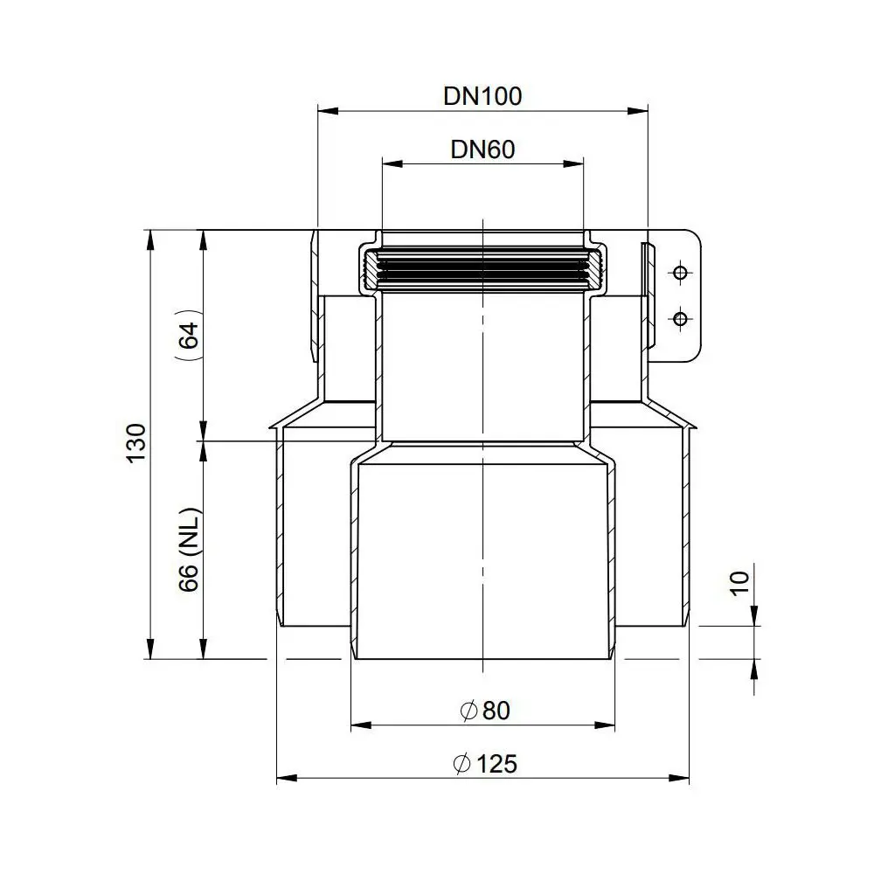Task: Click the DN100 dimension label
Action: [482, 95]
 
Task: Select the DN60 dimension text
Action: [482, 149]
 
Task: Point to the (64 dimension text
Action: [188, 335]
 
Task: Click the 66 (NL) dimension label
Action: [190, 551]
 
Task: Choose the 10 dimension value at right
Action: [739, 583]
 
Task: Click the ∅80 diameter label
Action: [483, 711]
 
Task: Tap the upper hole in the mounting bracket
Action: [677, 274]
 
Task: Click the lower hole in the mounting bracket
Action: [677, 316]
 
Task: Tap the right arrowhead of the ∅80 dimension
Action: [608, 724]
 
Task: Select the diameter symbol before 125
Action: [462, 765]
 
